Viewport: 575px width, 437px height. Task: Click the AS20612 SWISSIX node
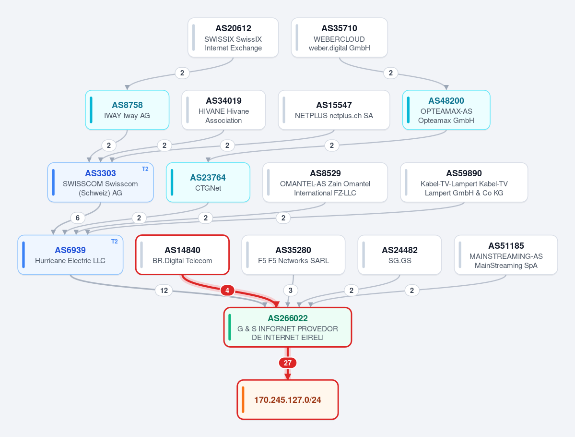[x=233, y=37]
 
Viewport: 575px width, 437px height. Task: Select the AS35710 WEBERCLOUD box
[x=339, y=37]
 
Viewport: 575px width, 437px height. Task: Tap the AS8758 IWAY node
[x=127, y=110]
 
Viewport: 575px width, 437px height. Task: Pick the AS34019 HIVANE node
[x=223, y=110]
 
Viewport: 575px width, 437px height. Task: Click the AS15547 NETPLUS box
[x=334, y=110]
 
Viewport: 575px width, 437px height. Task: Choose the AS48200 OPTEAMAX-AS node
[x=446, y=110]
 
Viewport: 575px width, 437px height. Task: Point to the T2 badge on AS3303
[x=145, y=169]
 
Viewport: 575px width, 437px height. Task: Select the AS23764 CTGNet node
[x=208, y=182]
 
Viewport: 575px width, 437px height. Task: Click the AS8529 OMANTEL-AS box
[x=325, y=182]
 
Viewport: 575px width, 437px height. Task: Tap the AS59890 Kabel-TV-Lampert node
[x=464, y=182]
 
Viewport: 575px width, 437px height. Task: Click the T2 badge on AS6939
[x=115, y=241]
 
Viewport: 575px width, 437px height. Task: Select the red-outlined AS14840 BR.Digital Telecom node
[x=182, y=255]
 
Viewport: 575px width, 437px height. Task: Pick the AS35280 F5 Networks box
[x=293, y=255]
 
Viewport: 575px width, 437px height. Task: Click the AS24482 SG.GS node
[x=399, y=255]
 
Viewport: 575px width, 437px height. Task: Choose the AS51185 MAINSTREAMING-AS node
[x=506, y=255]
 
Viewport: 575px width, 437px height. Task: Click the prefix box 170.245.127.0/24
[x=288, y=400]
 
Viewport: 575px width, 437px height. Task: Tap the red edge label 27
[x=288, y=363]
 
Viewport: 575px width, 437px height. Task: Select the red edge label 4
[x=227, y=291]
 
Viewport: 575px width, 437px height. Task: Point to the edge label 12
[x=164, y=291]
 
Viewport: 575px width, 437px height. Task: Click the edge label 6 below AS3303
[x=77, y=218]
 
